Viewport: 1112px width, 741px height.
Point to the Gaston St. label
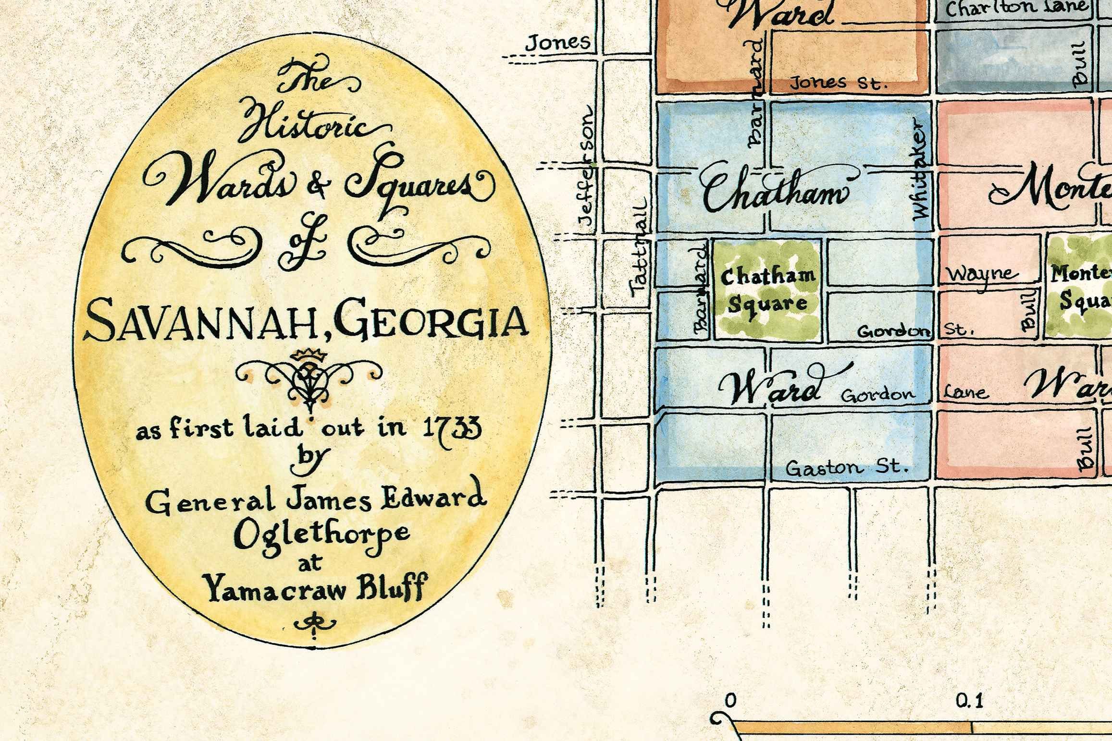[847, 467]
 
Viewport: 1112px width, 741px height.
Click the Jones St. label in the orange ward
[838, 83]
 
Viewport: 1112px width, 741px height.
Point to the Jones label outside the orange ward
[557, 42]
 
